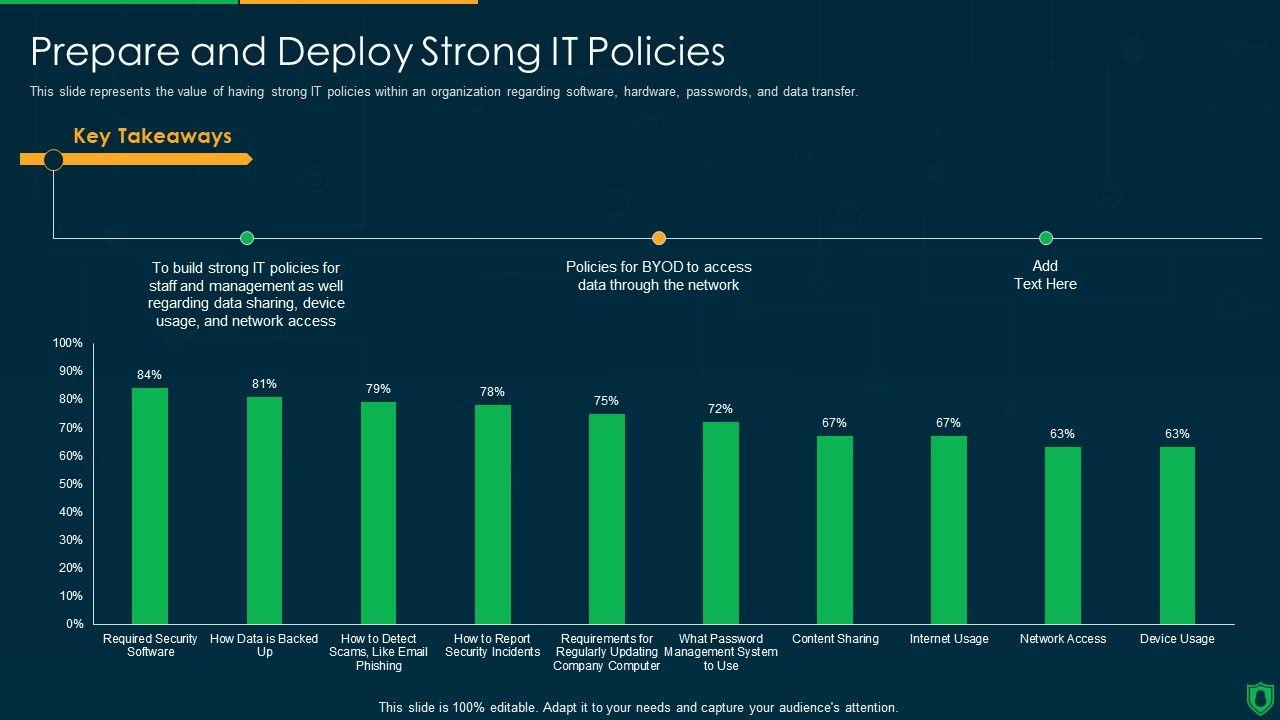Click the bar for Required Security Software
(x=150, y=506)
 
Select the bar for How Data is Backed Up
(x=264, y=510)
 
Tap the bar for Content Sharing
(x=835, y=530)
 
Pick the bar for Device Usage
(x=1177, y=535)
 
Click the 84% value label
(x=149, y=375)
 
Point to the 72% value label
(x=720, y=409)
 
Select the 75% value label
(x=606, y=401)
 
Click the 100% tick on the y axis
(x=68, y=343)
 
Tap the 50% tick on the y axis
(x=71, y=484)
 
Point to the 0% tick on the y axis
(x=75, y=624)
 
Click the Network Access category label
(x=1063, y=639)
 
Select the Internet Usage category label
(x=949, y=639)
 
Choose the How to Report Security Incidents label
(x=493, y=645)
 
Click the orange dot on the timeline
(x=659, y=238)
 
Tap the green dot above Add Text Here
(x=1046, y=238)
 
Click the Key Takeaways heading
(x=152, y=136)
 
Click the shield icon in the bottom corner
(x=1260, y=697)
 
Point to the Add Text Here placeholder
(x=1045, y=275)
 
